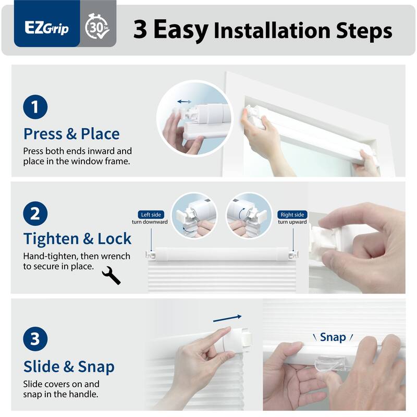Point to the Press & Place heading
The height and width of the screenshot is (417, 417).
point(71,133)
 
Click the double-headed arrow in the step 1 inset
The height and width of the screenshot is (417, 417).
point(183,102)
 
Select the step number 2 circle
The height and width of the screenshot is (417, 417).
point(35,214)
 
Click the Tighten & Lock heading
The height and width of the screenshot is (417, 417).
point(77,238)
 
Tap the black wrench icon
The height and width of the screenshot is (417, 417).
point(112,275)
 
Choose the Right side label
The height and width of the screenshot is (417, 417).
point(292,214)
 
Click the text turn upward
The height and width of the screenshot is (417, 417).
point(292,222)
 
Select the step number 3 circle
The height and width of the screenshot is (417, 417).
point(35,339)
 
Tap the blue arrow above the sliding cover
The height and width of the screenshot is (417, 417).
point(228,317)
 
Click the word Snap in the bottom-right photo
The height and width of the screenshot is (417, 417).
point(333,337)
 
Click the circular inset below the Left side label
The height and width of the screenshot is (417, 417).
point(194,216)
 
